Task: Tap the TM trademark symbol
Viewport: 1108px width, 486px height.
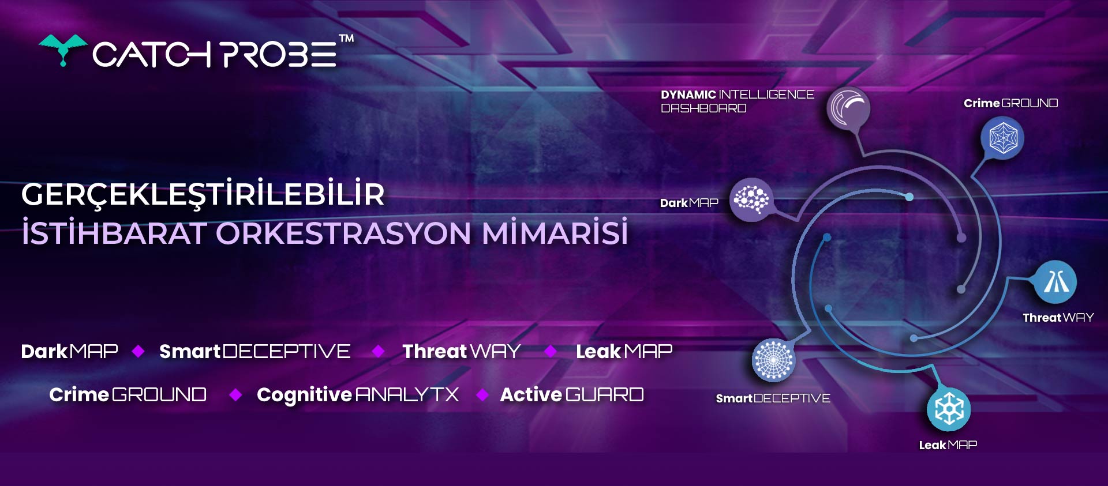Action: pos(346,39)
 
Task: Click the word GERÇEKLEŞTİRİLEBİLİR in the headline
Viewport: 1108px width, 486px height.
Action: pos(203,194)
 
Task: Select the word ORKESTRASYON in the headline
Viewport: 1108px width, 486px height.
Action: pos(343,233)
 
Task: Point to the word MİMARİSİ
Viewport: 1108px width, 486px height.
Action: pos(555,232)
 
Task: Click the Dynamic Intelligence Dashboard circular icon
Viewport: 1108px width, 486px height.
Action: pos(848,108)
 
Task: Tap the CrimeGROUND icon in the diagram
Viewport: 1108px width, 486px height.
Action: pos(1002,138)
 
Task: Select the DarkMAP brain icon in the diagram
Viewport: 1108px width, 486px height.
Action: pos(751,199)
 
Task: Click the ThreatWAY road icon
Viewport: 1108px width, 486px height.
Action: pos(1055,282)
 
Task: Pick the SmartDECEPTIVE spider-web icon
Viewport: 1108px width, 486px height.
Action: pos(773,360)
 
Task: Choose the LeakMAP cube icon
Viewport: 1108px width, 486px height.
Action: pos(949,409)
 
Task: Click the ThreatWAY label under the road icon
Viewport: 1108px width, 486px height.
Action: pos(1058,318)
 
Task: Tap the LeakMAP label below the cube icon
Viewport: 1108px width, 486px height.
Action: pos(948,445)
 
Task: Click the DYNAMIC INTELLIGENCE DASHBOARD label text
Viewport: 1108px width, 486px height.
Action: pos(738,101)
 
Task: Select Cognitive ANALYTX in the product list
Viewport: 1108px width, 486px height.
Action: pos(358,394)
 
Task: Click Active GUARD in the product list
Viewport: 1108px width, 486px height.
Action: pos(572,394)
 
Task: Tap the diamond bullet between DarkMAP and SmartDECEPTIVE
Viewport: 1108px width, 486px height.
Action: pos(138,351)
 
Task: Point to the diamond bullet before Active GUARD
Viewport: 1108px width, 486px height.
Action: pos(483,394)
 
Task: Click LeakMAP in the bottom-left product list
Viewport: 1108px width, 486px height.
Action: pos(624,351)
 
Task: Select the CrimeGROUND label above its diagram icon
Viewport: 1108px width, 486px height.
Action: pos(1010,103)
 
